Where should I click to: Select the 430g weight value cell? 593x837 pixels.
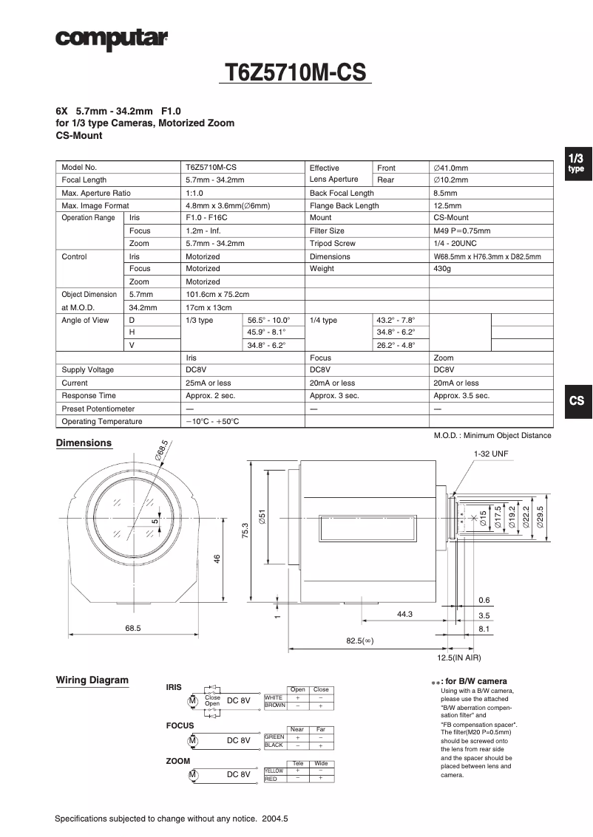(x=442, y=269)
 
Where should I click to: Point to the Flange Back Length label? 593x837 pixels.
(x=344, y=205)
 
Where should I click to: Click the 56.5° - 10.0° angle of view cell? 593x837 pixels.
(x=268, y=320)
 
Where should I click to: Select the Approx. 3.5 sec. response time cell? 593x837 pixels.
(x=461, y=396)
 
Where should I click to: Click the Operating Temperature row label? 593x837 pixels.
(x=101, y=421)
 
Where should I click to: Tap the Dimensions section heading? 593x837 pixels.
(x=84, y=443)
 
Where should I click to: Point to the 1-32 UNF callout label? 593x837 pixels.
(x=491, y=454)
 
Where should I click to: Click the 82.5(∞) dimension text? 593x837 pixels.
(x=359, y=640)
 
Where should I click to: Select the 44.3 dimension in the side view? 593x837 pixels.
(x=404, y=615)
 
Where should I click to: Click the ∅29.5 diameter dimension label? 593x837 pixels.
(x=540, y=517)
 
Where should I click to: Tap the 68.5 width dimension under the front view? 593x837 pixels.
(x=133, y=628)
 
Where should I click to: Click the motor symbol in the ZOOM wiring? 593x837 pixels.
(x=192, y=774)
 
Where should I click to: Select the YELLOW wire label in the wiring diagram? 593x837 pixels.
(x=274, y=771)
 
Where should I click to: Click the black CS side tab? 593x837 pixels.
(x=577, y=400)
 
